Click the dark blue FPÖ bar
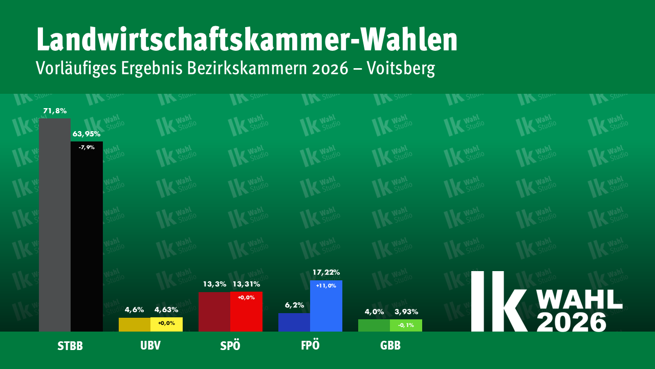[294, 322]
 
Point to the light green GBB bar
[406, 325]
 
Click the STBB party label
[70, 346]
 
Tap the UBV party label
[150, 345]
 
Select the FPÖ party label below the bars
[310, 345]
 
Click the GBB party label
[390, 345]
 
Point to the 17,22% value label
[326, 272]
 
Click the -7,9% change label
[86, 148]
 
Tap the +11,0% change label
[326, 286]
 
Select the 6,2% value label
[294, 305]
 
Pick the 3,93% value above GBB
[406, 312]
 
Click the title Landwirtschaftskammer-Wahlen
[247, 40]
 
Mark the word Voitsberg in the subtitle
[401, 68]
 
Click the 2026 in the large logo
[572, 321]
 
